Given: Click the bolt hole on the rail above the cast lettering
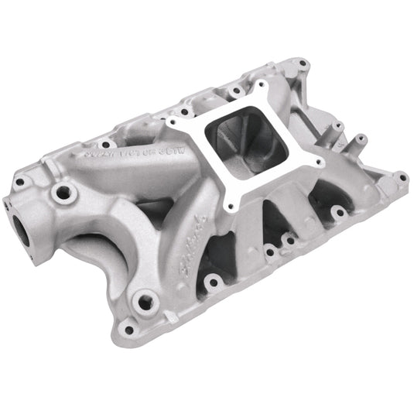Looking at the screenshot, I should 104,143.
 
